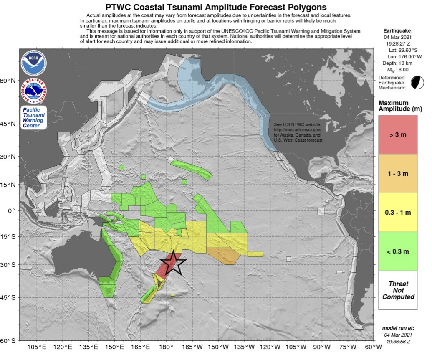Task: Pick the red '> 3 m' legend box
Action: click(x=398, y=135)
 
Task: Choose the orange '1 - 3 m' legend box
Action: click(x=398, y=173)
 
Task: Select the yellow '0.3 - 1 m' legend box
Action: click(x=398, y=212)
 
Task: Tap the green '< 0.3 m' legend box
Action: click(x=398, y=251)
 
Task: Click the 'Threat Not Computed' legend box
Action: click(x=398, y=290)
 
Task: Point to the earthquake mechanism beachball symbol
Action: click(x=416, y=82)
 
